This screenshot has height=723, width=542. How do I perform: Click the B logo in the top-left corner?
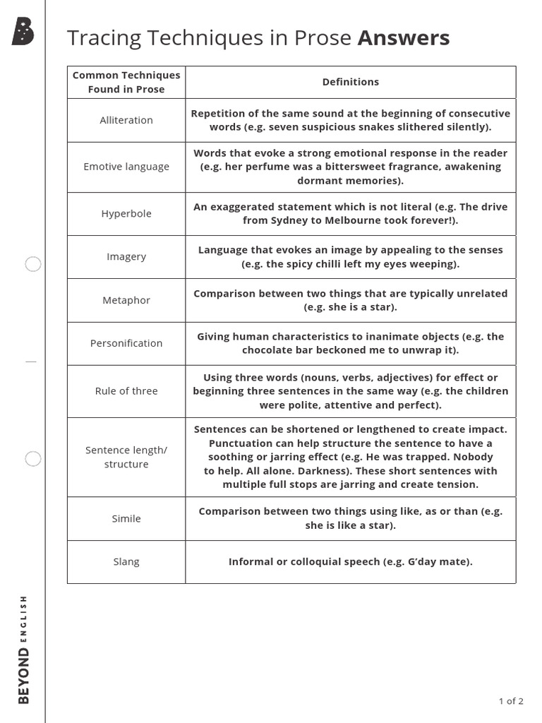click(x=23, y=32)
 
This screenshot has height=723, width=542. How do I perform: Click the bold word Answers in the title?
click(x=403, y=38)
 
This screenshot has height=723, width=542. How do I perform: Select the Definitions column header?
click(x=350, y=82)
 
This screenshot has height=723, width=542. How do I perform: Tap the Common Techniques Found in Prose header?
click(x=126, y=82)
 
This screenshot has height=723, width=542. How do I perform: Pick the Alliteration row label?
click(x=126, y=120)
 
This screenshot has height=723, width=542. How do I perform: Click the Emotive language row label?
click(x=126, y=167)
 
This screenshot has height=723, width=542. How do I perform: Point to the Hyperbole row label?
click(x=126, y=213)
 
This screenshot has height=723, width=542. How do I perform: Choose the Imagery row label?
click(x=126, y=256)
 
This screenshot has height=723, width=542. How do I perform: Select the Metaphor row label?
click(x=126, y=300)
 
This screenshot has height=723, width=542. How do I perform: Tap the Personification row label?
click(x=126, y=343)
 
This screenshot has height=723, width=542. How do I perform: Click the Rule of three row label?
click(x=126, y=391)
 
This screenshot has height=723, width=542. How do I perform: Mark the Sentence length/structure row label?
click(x=126, y=457)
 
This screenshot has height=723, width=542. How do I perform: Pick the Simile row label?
click(x=126, y=518)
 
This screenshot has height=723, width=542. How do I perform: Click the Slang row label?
click(x=126, y=562)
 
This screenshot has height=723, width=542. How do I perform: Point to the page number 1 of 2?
click(x=510, y=701)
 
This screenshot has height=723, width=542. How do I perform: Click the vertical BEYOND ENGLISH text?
click(x=24, y=649)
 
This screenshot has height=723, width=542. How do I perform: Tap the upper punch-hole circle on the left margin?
click(x=33, y=265)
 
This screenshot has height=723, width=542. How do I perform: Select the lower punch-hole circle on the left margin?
click(x=33, y=459)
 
